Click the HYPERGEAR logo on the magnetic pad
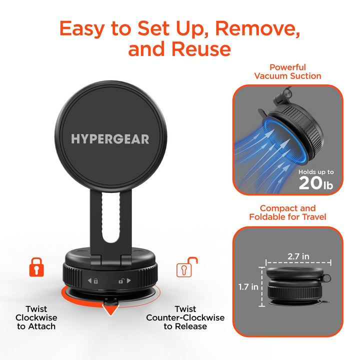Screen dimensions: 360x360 [x=110, y=138]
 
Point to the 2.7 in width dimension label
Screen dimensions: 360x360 [x=298, y=256]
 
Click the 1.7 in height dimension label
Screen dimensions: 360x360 [x=248, y=287]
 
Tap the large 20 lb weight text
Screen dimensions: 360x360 [x=315, y=183]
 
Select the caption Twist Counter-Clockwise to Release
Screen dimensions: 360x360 [x=185, y=317]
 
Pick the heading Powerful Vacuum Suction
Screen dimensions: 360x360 [x=287, y=71]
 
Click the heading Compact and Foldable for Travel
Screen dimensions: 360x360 [x=287, y=212]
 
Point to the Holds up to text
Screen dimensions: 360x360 [x=315, y=172]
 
